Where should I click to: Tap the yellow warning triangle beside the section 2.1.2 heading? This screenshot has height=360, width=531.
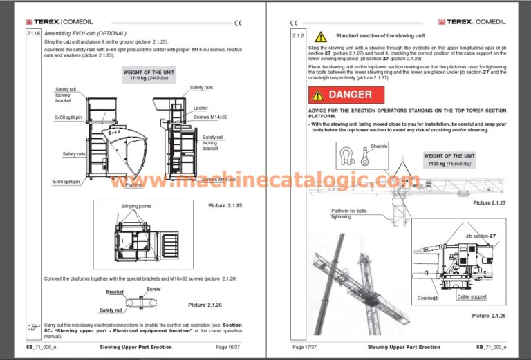coord(320,36)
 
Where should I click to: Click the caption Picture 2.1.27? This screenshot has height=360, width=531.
coord(489,202)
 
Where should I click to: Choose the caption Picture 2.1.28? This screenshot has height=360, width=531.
coord(490,315)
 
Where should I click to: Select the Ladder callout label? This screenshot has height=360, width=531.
coord(201,108)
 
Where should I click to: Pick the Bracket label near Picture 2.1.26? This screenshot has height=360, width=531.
coord(115,292)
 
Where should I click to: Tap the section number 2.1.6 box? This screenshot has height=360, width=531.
coord(33,33)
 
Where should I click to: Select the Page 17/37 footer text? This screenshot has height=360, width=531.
coord(308,347)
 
